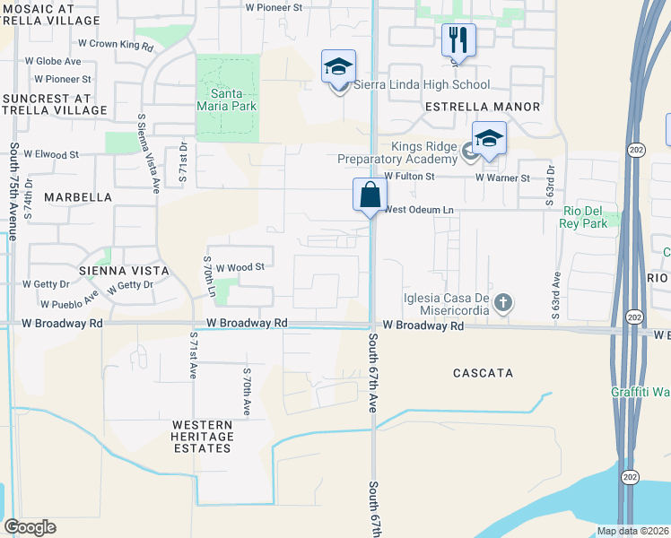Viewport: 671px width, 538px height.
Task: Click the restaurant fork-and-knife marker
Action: [458, 39]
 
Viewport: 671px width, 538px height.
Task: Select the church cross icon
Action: [503, 302]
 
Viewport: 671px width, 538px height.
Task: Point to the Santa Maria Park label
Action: [233, 100]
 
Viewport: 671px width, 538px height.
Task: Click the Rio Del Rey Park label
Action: [585, 216]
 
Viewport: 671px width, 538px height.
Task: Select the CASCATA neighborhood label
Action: [483, 372]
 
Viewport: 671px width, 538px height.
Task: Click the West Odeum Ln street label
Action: [420, 210]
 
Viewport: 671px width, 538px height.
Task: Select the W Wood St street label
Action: [240, 267]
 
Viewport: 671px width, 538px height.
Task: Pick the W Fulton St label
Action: [409, 178]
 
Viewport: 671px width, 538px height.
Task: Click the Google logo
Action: [30, 527]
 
